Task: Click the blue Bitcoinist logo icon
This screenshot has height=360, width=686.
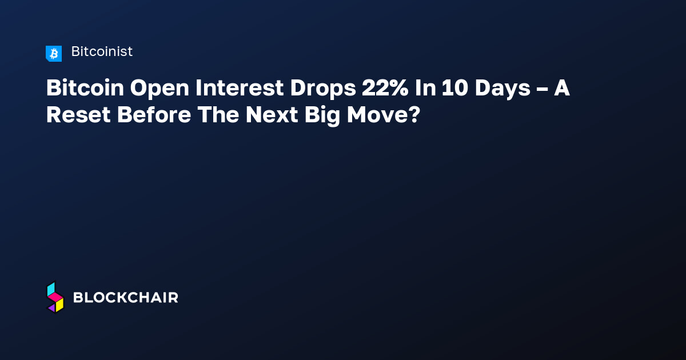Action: coord(54,54)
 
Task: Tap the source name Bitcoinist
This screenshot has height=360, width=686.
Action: coord(102,51)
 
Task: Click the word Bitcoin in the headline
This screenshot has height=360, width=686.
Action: coord(85,88)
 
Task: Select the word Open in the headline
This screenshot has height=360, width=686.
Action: coord(159,89)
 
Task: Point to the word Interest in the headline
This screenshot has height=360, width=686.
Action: coord(240,88)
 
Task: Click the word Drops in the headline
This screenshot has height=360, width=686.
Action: coord(323,89)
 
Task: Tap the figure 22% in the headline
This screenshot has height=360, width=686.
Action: coord(385,88)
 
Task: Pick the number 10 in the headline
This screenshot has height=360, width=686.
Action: coord(455,88)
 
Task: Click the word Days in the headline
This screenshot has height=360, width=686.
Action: coord(502,89)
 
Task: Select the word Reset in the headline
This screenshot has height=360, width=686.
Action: coord(78,115)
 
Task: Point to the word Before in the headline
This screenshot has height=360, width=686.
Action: coord(154,115)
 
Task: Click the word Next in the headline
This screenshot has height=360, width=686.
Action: coord(272,115)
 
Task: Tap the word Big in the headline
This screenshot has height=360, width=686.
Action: coord(322,116)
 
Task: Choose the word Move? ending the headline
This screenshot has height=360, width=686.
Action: coord(384,115)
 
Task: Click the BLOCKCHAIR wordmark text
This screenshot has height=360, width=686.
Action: coord(126,298)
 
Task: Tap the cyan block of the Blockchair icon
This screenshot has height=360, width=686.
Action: coord(51,289)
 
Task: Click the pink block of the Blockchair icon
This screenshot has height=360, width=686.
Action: coord(55,297)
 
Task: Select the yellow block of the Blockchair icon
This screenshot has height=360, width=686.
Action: coord(59,305)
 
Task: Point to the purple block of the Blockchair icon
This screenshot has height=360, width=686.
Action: coord(52,307)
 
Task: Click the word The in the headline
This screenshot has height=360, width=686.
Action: coord(218,115)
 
